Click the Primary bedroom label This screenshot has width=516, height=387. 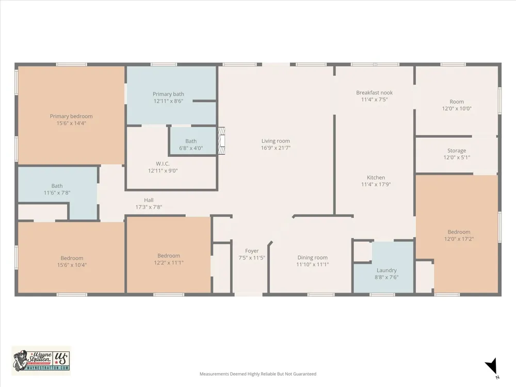pyautogui.click(x=71, y=116)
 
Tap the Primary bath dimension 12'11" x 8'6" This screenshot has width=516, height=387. pyautogui.click(x=168, y=101)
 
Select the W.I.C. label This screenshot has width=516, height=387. pyautogui.click(x=163, y=164)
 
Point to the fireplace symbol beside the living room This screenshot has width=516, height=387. pyautogui.click(x=222, y=141)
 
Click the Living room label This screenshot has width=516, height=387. pyautogui.click(x=276, y=141)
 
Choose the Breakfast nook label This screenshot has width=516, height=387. pyautogui.click(x=374, y=92)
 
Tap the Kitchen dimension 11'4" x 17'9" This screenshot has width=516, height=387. pyautogui.click(x=376, y=184)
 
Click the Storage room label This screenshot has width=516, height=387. pyautogui.click(x=457, y=150)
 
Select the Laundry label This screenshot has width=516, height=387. pyautogui.click(x=386, y=270)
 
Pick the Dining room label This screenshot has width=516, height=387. pyautogui.click(x=312, y=257)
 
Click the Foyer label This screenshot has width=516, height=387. pyautogui.click(x=252, y=251)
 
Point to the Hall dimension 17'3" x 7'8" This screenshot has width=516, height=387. pyautogui.click(x=149, y=207)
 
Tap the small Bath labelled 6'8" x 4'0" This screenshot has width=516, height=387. pyautogui.click(x=191, y=144)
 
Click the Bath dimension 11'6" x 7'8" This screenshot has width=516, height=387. pyautogui.click(x=57, y=193)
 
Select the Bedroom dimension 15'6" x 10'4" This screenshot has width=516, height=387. pyautogui.click(x=72, y=265)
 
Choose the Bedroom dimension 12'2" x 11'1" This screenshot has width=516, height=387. pyautogui.click(x=169, y=263)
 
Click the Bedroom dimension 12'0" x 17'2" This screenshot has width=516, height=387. pyautogui.click(x=459, y=239)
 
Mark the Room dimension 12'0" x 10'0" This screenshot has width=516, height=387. pyautogui.click(x=457, y=108)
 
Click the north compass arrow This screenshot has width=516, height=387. pyautogui.click(x=492, y=366)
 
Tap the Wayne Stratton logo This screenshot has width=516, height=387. pyautogui.click(x=41, y=361)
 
